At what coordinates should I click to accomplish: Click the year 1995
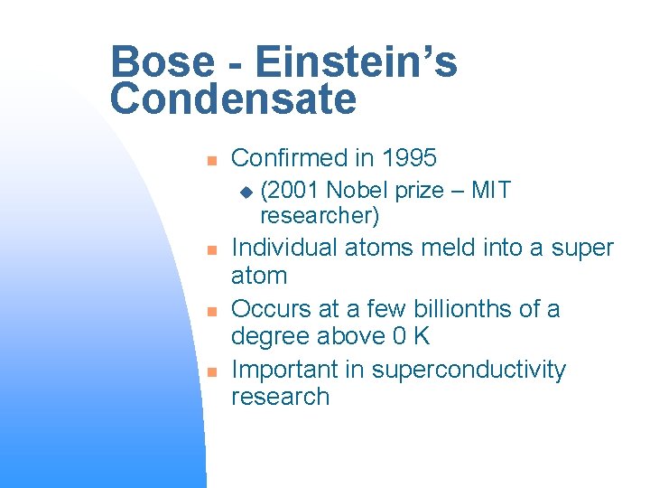point(409,158)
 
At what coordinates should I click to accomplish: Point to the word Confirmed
point(289,158)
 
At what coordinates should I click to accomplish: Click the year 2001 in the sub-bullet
point(290,191)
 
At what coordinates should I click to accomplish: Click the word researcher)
point(319,217)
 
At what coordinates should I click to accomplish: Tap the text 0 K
point(411,336)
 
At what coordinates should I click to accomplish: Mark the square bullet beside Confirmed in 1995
point(209,160)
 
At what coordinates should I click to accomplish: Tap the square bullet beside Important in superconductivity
point(209,371)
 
